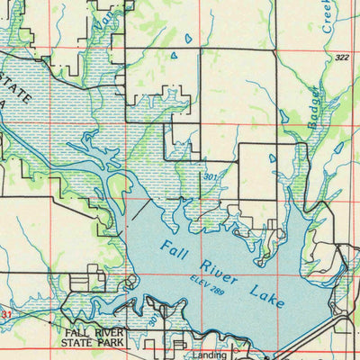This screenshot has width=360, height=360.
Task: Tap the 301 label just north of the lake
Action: point(210,177)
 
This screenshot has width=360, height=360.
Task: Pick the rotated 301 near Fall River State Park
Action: point(154,319)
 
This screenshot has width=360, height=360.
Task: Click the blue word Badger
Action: point(313,106)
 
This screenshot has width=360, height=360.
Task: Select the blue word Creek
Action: point(328,16)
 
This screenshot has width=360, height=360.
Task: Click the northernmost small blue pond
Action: point(188,39)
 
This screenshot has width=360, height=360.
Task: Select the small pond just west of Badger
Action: point(283,116)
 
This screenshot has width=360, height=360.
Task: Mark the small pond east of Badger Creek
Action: point(339,147)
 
